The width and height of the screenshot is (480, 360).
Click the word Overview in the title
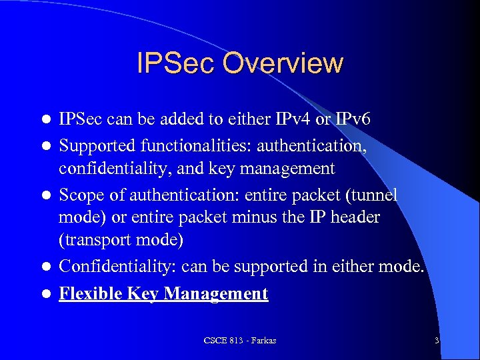coord(283,64)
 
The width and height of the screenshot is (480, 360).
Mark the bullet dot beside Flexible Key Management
coord(46,294)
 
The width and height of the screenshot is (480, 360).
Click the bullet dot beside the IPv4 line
coord(46,120)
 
